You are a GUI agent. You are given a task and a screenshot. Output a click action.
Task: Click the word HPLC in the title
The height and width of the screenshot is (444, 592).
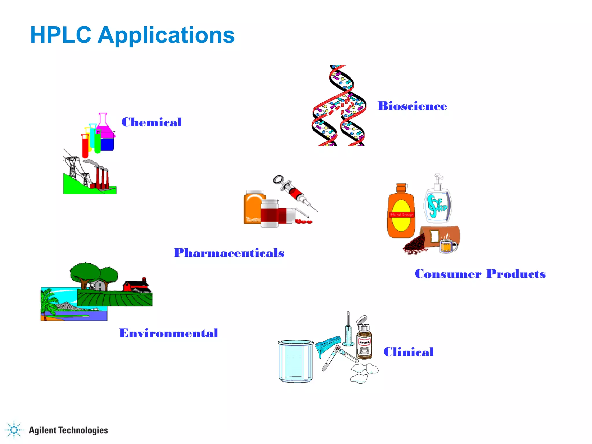60,35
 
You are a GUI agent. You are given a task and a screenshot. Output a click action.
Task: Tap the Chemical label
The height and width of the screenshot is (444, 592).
151,122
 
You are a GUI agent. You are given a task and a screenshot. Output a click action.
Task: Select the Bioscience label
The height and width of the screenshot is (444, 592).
412,106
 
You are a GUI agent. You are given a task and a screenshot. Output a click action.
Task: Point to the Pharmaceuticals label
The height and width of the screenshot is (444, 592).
229,253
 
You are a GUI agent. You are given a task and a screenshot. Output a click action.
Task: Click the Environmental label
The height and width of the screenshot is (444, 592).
169,333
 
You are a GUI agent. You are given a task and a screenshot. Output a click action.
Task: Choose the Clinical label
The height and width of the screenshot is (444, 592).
408,352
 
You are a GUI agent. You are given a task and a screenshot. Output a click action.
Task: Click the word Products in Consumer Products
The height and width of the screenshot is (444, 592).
516,274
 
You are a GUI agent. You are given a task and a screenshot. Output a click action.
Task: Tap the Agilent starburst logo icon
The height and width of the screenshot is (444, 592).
14,430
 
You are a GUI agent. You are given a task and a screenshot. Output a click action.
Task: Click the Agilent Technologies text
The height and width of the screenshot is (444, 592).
68,430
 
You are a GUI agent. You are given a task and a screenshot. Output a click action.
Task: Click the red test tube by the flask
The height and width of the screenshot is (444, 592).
85,146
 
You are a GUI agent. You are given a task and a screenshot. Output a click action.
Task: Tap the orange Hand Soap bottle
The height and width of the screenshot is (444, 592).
401,212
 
